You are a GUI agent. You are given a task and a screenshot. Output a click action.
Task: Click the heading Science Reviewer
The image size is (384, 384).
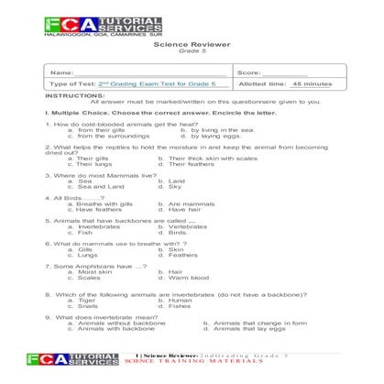[192, 43]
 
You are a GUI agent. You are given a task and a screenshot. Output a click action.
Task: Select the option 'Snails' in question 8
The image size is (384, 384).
[88, 305]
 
